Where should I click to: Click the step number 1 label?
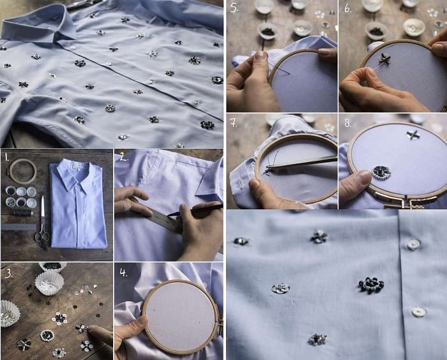pos(6,156)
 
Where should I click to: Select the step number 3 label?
pos(8,273)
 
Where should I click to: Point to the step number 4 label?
pos(123,273)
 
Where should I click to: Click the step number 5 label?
pos(234,8)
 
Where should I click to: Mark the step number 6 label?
pos(348,8)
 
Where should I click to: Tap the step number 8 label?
pos(348,123)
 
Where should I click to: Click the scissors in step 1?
pos(43,222)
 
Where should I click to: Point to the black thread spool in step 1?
pos(22,213)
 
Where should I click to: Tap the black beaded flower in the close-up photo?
pos(371,285)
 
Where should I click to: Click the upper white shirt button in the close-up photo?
pos(413,245)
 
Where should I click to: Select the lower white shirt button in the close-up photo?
pos(418,312)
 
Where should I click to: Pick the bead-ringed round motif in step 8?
pos(381,172)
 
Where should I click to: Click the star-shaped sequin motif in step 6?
pos(384,59)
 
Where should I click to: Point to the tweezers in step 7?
pos(301,162)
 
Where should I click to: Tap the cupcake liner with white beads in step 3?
pos(49,282)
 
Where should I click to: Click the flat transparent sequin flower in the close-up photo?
pos(280,289)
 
